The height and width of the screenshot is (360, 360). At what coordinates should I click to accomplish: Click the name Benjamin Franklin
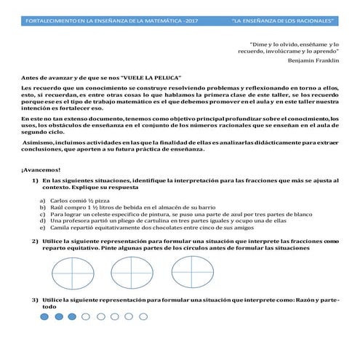tap(313, 60)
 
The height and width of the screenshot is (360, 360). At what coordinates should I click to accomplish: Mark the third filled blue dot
tap(72, 317)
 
